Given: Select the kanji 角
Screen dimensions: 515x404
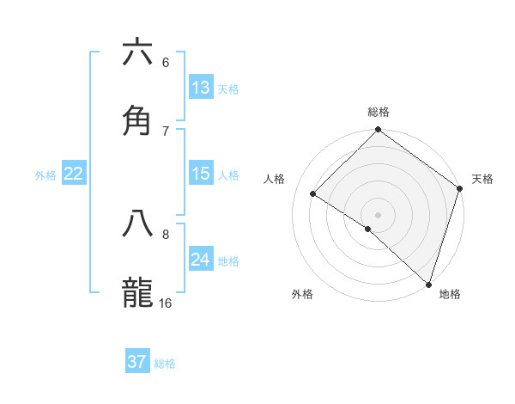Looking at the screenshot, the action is click(x=137, y=119).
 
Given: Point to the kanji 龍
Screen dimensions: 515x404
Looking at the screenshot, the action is click(x=137, y=291).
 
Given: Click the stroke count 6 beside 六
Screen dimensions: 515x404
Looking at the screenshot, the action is click(x=166, y=63).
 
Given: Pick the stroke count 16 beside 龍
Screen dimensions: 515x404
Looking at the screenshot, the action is click(x=166, y=303).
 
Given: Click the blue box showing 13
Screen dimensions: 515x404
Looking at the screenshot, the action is click(x=201, y=88).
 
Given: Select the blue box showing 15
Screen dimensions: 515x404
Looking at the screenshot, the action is click(x=201, y=174).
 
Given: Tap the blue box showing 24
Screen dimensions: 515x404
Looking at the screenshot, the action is click(x=201, y=260).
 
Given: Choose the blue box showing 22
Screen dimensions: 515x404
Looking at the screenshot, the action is click(x=74, y=174).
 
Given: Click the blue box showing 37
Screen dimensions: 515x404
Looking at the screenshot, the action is click(x=137, y=362).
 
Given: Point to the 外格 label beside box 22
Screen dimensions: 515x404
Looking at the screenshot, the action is click(x=45, y=175).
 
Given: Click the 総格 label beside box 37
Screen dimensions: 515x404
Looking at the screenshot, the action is click(x=165, y=364).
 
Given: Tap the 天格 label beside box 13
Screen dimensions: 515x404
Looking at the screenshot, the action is click(x=228, y=89).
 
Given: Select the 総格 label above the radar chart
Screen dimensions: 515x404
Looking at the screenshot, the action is click(x=379, y=112).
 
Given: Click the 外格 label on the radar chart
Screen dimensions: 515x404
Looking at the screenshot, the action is click(x=302, y=294).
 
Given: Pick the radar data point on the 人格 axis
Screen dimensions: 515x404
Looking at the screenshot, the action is click(x=313, y=194).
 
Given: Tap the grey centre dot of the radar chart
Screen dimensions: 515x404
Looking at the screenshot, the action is click(x=379, y=214).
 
